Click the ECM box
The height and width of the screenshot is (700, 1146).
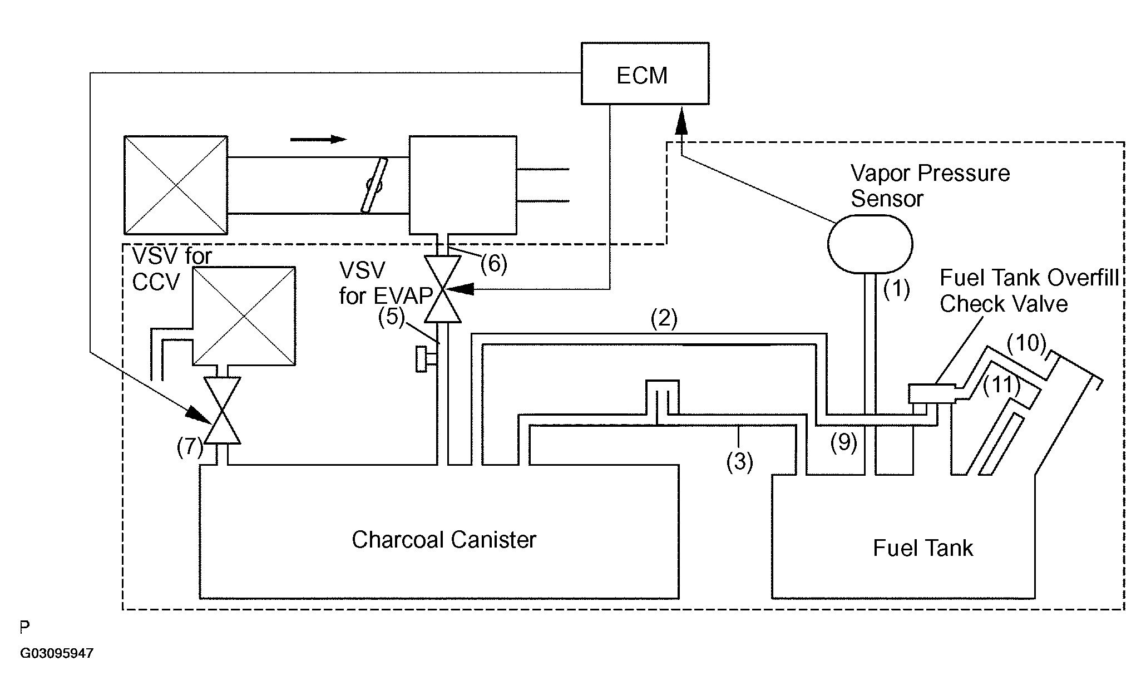coord(645,73)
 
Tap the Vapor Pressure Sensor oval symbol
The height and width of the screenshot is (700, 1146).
coord(870,244)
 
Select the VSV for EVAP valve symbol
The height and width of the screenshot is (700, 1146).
coord(442,289)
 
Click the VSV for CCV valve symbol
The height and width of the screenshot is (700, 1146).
coord(222,410)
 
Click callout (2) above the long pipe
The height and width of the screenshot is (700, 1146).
coord(664,319)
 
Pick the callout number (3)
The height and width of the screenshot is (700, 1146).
coord(740,461)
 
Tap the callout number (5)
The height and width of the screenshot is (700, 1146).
coord(392,317)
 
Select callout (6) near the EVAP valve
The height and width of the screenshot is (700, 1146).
coord(494,264)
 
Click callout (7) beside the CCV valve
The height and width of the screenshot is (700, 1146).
coord(190,447)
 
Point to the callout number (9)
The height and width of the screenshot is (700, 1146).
coord(844,442)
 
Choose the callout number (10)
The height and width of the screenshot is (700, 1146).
coord(1027,344)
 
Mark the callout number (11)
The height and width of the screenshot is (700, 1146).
coord(1002,385)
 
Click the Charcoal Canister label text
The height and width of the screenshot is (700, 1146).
coord(443,540)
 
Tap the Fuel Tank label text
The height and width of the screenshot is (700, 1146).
coord(923,548)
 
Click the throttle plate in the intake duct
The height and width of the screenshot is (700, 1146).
coord(374,185)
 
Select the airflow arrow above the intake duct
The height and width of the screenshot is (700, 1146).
coord(318,139)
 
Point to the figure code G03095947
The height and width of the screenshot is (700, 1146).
coord(57,653)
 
